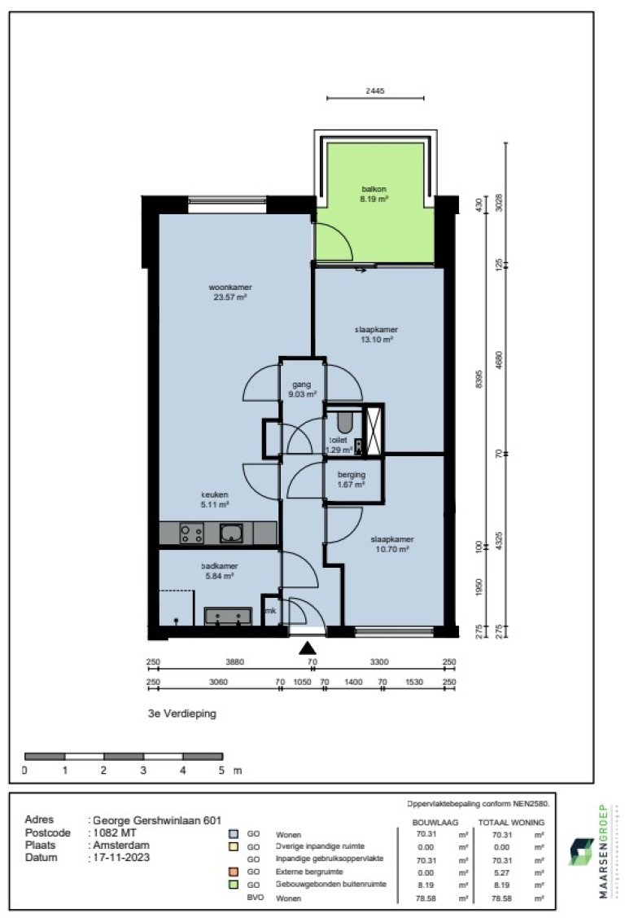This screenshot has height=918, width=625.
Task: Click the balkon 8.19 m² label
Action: [374, 193]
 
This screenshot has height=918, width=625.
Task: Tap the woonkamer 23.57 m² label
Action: [229, 292]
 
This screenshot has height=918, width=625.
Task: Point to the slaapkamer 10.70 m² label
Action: [392, 544]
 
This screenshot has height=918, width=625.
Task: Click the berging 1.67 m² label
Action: [352, 479]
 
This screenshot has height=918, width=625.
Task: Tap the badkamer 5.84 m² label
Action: [217, 570]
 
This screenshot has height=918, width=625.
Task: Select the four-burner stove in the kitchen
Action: [192, 534]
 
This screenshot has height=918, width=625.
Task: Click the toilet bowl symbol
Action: [343, 423]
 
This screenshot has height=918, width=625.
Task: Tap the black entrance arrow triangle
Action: [307, 648]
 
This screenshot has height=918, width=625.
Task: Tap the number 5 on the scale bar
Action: [221, 769]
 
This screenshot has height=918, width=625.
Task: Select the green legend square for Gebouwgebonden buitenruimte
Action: [234, 884]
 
